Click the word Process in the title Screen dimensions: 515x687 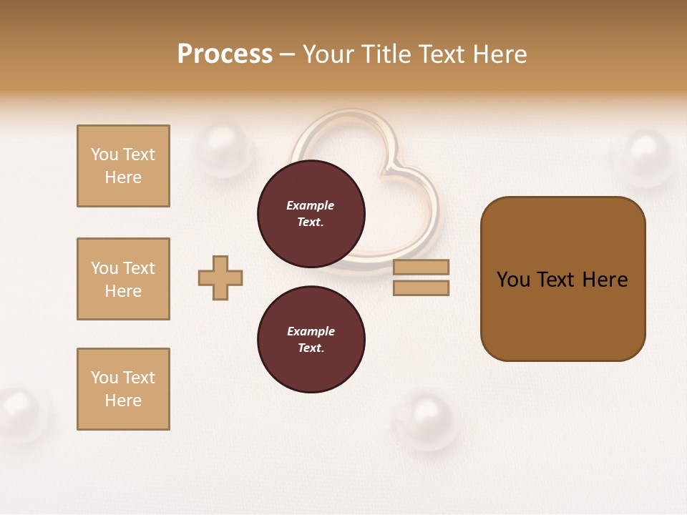pyautogui.click(x=225, y=54)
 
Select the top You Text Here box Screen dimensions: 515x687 pyautogui.click(x=123, y=166)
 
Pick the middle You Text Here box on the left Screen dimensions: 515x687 pyautogui.click(x=123, y=279)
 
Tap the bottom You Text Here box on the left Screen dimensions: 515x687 pyautogui.click(x=123, y=389)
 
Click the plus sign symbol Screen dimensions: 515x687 pyautogui.click(x=220, y=278)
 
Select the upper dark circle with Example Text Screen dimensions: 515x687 pyautogui.click(x=311, y=214)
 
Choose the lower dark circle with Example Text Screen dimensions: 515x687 pyautogui.click(x=311, y=339)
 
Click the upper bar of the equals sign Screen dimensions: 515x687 pyautogui.click(x=421, y=267)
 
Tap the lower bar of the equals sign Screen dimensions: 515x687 pyautogui.click(x=421, y=288)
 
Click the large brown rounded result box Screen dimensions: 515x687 pyautogui.click(x=562, y=279)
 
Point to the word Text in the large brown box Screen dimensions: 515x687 pyautogui.click(x=557, y=280)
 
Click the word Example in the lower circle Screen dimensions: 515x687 pyautogui.click(x=311, y=331)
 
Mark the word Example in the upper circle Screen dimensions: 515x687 pyautogui.click(x=311, y=205)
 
